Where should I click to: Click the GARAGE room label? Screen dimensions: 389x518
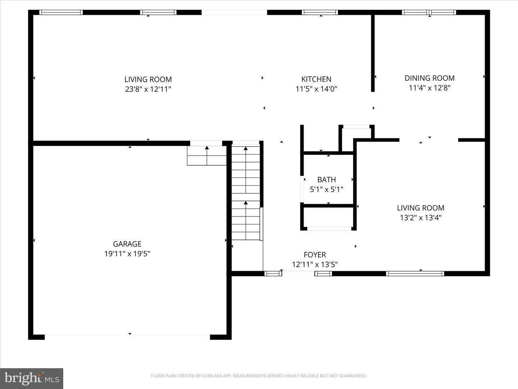coord(127,244)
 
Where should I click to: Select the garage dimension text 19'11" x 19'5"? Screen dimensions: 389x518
coord(127,254)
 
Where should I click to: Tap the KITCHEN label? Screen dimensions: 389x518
coord(316,79)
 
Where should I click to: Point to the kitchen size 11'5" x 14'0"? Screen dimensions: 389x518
coord(316,89)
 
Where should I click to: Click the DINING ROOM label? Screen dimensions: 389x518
coord(430,78)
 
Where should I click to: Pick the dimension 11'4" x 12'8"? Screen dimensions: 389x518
coord(430,88)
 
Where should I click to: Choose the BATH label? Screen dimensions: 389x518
coord(327,180)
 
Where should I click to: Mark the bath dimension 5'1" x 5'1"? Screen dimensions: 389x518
coord(327,189)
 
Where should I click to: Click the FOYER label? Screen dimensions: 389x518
coord(315,255)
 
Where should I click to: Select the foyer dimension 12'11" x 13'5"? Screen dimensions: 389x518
coord(315,265)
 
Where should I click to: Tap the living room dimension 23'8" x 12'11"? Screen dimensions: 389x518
coord(148,89)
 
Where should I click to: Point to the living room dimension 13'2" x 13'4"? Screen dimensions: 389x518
coord(421,218)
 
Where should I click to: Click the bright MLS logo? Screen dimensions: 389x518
coord(32,379)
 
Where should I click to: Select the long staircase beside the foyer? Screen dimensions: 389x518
coord(246,191)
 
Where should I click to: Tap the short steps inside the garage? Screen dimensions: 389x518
coord(206,156)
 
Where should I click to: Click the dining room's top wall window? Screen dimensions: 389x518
coord(429,12)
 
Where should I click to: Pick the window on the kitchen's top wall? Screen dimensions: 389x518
coord(320,12)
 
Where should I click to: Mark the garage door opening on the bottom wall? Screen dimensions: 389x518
coord(127,337)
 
